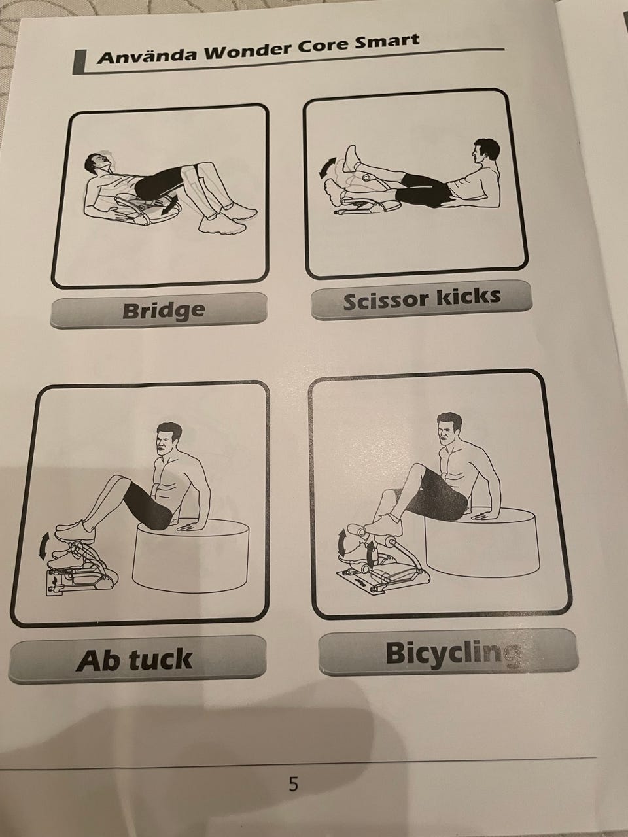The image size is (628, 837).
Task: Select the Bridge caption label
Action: [158, 310]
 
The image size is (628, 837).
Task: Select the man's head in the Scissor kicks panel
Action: [485, 152]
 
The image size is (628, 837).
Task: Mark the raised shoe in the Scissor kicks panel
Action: [351, 159]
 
